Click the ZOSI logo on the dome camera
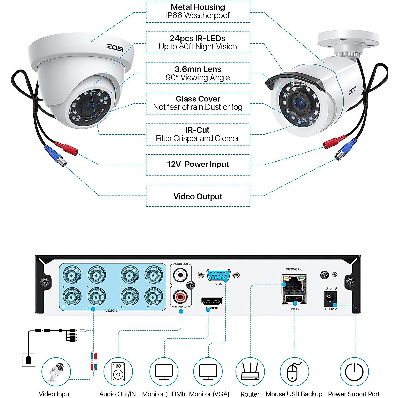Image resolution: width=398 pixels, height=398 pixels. (115, 48)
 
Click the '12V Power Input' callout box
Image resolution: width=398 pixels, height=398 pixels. (198, 165)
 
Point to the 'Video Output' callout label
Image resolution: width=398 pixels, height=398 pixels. (198, 196)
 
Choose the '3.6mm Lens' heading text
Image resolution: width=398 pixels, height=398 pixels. (198, 69)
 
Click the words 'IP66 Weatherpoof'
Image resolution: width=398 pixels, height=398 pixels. (198, 16)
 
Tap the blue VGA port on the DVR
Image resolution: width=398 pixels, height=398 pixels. (218, 275)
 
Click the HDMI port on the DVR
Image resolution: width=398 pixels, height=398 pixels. (212, 301)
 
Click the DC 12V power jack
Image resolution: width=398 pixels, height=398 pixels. (330, 298)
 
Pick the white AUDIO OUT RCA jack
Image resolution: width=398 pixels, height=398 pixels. (180, 275)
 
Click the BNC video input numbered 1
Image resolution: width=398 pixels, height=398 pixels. (154, 275)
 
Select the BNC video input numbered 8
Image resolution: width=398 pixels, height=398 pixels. (72, 296)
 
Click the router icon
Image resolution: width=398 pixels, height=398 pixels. (250, 371)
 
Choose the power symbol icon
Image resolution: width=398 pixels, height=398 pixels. (354, 372)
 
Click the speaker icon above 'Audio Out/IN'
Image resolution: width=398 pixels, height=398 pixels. (118, 371)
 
